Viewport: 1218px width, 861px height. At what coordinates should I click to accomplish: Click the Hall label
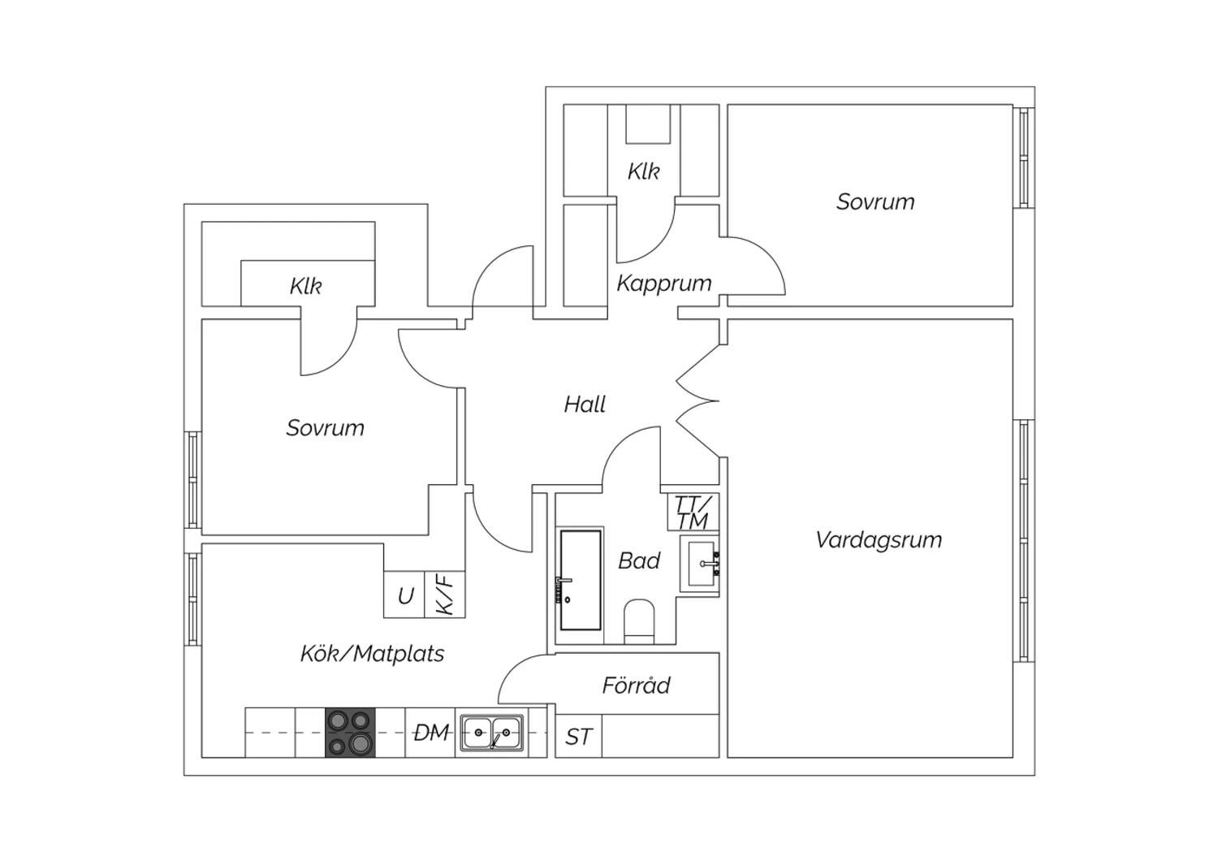tap(585, 405)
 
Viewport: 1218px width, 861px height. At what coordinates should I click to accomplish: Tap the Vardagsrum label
tap(879, 541)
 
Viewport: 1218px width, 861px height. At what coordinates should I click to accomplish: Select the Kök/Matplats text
tap(373, 654)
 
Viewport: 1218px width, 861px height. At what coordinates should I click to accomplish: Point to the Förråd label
tap(636, 685)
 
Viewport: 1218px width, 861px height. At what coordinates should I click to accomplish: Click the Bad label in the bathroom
tap(639, 560)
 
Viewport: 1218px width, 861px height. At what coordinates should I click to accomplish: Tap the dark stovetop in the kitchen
tap(350, 733)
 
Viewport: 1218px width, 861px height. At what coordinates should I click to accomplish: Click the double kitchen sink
tap(492, 733)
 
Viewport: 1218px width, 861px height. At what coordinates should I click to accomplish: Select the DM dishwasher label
tap(432, 733)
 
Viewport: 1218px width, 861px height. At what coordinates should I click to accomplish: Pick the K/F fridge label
tap(445, 595)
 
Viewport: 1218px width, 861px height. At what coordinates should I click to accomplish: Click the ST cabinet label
tap(578, 738)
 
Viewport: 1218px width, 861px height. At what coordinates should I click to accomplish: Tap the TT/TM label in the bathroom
tap(693, 513)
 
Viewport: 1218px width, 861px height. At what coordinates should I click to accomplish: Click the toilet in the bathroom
tap(639, 621)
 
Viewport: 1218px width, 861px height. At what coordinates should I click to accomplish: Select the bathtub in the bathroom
tap(581, 580)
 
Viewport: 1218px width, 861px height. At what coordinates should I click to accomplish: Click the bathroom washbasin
tap(701, 564)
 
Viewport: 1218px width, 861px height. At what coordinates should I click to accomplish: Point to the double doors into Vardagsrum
tap(698, 401)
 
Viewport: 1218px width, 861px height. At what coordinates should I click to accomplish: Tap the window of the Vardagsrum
tap(1024, 541)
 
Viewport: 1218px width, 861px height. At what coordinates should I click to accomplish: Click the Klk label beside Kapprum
tap(644, 172)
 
